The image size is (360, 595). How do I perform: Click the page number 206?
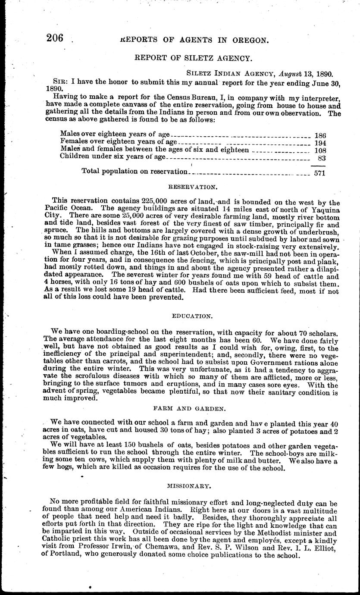[x=55, y=38]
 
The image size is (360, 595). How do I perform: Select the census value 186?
[x=320, y=135]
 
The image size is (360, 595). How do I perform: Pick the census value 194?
[x=320, y=143]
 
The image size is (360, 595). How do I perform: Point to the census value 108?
[x=320, y=150]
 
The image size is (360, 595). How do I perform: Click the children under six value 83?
[x=322, y=158]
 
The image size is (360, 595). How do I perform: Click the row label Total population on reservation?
[x=135, y=172]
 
